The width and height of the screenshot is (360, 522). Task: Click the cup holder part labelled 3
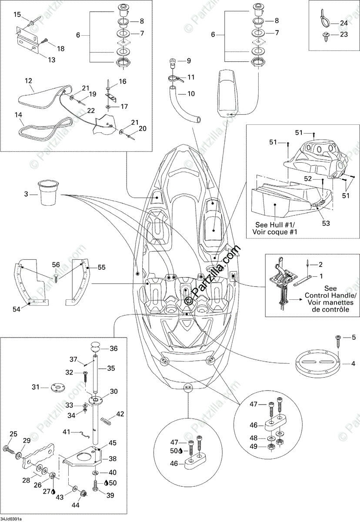[49, 194]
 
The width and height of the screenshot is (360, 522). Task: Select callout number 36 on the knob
[113, 348]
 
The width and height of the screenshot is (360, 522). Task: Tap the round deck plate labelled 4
[317, 364]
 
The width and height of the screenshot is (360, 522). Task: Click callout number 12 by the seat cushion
[29, 80]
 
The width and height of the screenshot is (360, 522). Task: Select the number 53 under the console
[326, 223]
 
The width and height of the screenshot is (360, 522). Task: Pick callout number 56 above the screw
[56, 264]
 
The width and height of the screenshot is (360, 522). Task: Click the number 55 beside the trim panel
[101, 268]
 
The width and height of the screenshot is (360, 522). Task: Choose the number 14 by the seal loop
[18, 115]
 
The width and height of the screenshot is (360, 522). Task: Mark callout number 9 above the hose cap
[189, 61]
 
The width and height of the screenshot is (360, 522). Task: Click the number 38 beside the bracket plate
[113, 458]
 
